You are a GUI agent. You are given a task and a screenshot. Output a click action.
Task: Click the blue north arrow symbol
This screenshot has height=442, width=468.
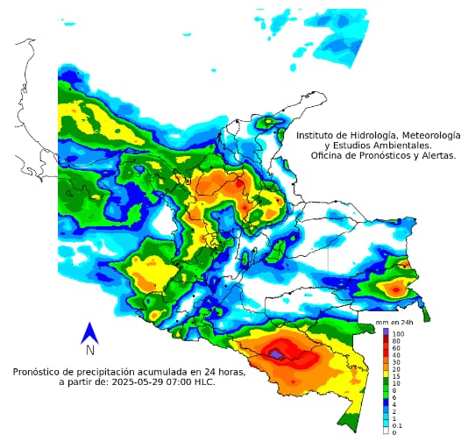coord(89,333)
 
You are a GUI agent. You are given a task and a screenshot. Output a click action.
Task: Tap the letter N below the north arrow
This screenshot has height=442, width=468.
coord(90,350)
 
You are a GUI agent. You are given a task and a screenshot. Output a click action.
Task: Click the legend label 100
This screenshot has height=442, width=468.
coord(398,334)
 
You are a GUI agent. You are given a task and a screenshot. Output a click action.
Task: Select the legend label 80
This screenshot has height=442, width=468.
coord(396,342)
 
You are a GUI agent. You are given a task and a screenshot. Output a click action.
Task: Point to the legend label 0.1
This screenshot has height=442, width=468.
coord(397,425)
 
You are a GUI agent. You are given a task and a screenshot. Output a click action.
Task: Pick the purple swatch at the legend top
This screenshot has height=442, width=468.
coord(386,334)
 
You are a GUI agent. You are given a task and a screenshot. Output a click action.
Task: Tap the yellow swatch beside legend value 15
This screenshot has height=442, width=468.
coord(386,375)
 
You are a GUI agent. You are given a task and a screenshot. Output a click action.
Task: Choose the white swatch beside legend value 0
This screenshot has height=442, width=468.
coord(386,431)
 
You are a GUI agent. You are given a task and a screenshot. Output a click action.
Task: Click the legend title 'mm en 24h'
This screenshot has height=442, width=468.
coord(394,324)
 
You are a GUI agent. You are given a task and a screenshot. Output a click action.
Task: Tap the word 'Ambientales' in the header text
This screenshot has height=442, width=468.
coord(403,145)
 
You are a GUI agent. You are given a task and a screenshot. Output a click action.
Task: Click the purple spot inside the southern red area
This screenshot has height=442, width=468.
coord(277,353)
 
